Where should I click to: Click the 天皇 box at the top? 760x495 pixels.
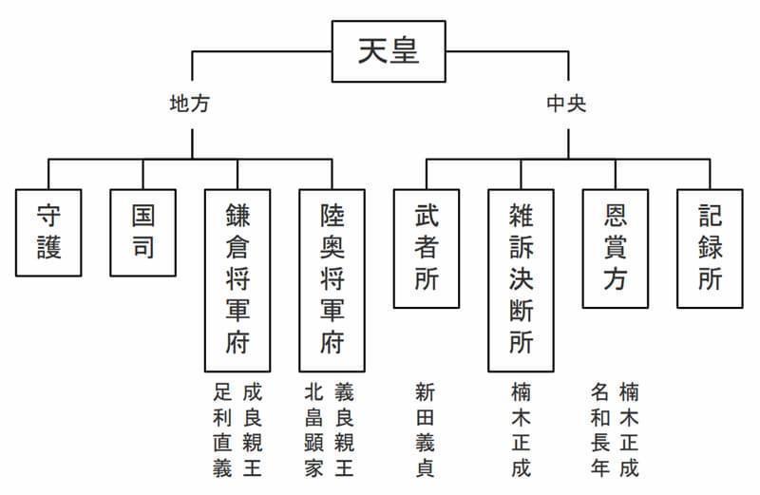pos(388,52)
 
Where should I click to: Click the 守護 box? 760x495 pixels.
pos(48,233)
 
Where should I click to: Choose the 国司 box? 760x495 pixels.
pos(142,233)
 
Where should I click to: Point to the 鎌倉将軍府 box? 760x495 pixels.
pos(237,279)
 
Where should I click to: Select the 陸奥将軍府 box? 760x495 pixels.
pos(332,279)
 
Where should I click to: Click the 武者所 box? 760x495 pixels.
pos(426,248)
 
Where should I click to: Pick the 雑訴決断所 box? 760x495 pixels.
pos(521,279)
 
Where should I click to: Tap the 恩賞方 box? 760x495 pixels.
pos(615,248)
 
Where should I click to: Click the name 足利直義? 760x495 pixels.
pos(222,429)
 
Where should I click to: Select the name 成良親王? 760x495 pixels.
pos(252,429)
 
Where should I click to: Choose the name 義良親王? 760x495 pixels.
pos(345,429)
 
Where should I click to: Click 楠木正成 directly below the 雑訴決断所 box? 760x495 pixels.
pos(521,429)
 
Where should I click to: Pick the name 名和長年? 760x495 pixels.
pos(599,429)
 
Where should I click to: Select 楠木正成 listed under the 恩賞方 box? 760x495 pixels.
pos(629,429)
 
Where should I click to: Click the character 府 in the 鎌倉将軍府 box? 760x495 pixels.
pos(237,344)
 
